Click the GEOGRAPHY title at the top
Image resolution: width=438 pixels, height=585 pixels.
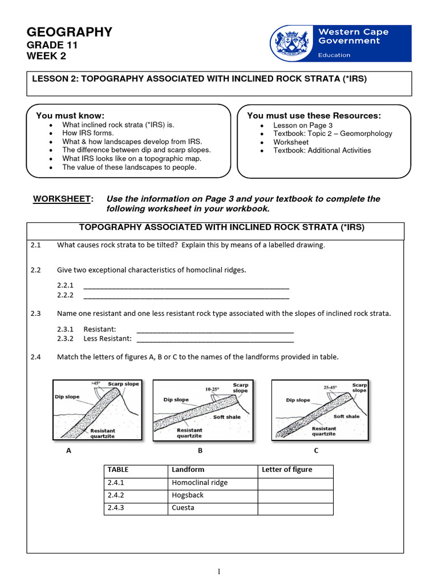pos(70,33)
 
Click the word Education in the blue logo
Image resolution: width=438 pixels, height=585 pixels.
pos(334,55)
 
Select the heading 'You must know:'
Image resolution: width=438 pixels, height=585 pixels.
pos(70,115)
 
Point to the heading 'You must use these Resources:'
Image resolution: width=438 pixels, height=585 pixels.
pos(314,115)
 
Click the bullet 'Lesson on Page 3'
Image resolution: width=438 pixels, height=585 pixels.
pos(303,125)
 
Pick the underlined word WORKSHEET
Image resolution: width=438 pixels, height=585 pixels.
pos(62,199)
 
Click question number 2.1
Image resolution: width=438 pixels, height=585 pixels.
pos(36,245)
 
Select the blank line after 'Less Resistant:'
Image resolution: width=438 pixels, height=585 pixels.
pos(215,338)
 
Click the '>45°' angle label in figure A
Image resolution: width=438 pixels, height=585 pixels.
pos(95,383)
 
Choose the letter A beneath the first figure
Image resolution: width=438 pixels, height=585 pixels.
pos(68,450)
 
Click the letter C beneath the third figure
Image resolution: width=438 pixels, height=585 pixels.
pos(316,450)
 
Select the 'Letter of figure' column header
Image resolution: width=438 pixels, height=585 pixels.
pos(287,470)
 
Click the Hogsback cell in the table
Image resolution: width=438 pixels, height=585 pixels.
pos(188,495)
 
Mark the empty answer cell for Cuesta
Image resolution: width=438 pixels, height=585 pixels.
pos(295,508)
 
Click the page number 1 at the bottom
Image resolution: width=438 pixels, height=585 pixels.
pos(218,571)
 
